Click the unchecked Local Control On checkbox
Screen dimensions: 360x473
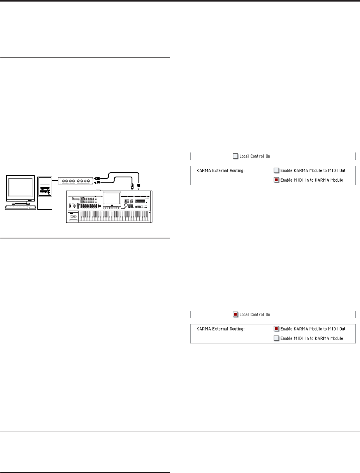point(235,156)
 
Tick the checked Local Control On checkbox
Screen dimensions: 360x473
point(235,314)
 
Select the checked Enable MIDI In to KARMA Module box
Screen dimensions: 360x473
point(276,180)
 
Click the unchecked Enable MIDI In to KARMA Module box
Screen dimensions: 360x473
point(276,338)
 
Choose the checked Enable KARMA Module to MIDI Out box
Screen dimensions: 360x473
point(276,329)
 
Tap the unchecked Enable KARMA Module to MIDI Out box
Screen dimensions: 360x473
point(276,170)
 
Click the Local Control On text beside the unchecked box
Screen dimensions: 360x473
point(255,156)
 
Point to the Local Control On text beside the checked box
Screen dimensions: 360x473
point(255,314)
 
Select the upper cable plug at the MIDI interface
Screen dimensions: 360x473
point(98,178)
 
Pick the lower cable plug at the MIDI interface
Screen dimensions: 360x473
point(98,183)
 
